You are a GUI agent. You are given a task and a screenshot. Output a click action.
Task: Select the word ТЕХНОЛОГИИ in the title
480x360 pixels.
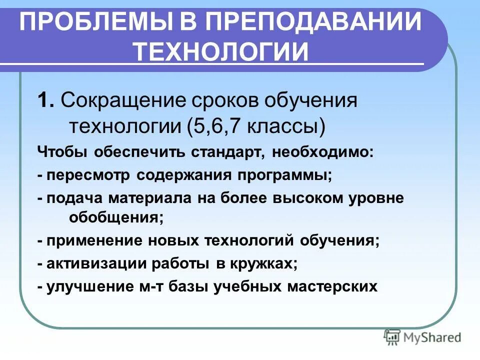(x=221, y=51)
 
